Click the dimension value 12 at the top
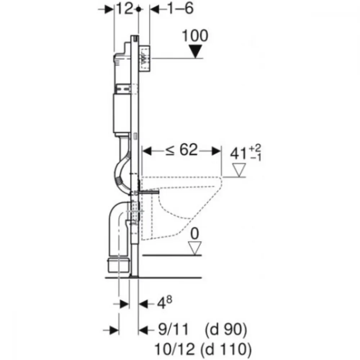click(x=125, y=9)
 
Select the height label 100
click(x=195, y=36)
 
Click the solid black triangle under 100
click(x=195, y=51)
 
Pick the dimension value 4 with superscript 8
click(x=164, y=303)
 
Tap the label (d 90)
click(x=226, y=329)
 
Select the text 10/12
click(x=175, y=349)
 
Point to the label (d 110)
click(x=226, y=350)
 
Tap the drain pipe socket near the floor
click(x=118, y=265)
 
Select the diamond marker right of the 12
click(x=138, y=9)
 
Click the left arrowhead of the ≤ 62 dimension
click(x=147, y=151)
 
